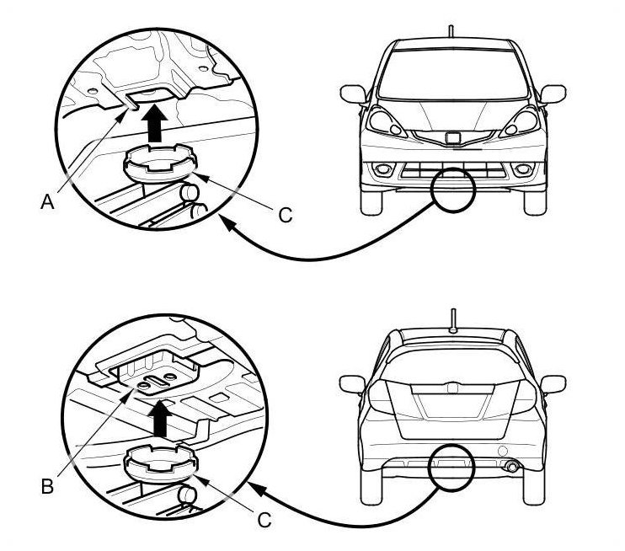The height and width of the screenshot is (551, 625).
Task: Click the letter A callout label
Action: click(x=47, y=202)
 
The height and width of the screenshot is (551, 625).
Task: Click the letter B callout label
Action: click(x=47, y=486)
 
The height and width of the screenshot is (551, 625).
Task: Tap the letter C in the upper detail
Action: click(x=286, y=216)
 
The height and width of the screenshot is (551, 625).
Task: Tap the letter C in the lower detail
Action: click(x=264, y=521)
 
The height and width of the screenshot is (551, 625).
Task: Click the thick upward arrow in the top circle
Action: click(x=155, y=123)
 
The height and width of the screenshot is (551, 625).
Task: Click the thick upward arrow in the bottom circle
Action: click(x=161, y=419)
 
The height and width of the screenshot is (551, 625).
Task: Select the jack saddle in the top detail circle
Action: click(x=161, y=164)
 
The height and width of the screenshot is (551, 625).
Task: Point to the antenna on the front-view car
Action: click(x=451, y=31)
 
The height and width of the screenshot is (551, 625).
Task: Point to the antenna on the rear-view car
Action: click(x=453, y=321)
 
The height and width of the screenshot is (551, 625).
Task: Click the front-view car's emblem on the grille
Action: click(x=453, y=137)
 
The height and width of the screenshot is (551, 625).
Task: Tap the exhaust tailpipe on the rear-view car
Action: click(x=511, y=466)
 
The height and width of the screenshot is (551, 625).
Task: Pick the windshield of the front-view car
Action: click(x=453, y=74)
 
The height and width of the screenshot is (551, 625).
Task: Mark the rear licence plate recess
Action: click(x=452, y=405)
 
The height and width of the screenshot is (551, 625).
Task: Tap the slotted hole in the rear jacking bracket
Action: click(x=158, y=380)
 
